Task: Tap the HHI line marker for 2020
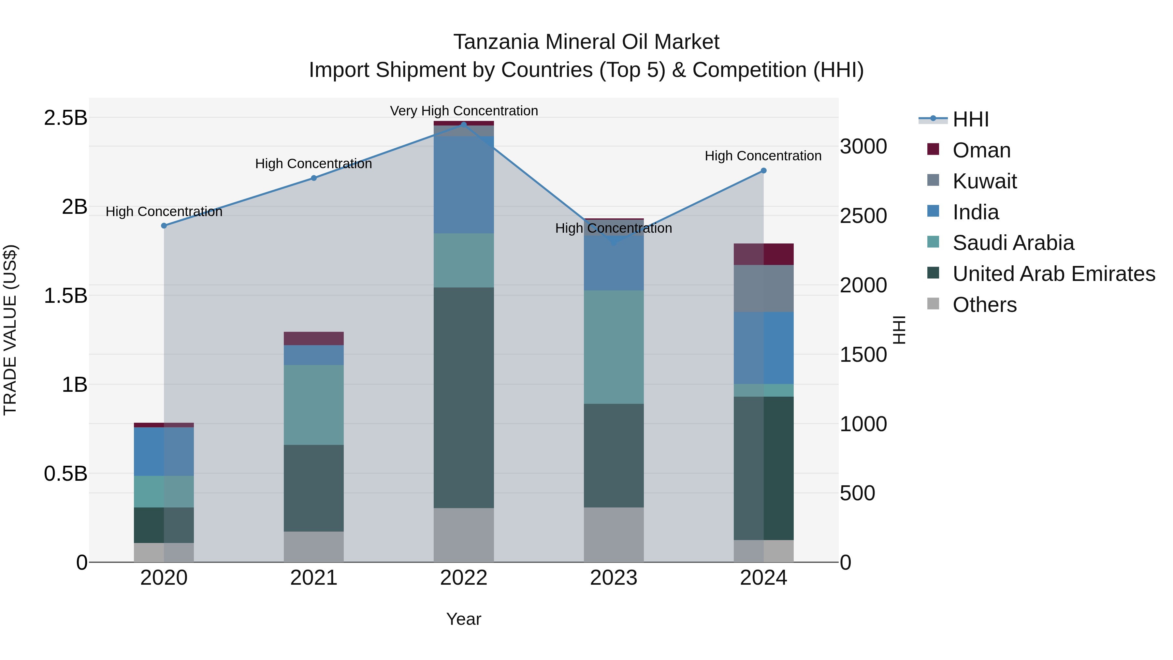[164, 226]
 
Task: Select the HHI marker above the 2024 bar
[764, 170]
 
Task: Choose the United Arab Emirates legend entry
[1053, 274]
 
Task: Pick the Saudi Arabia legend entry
[1013, 243]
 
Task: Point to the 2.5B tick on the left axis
[65, 118]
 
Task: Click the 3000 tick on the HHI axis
[863, 147]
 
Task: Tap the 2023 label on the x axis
[613, 578]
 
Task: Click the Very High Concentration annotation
[464, 111]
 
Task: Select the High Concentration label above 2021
[313, 164]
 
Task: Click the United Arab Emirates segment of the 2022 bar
[464, 396]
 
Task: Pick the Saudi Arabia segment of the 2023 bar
[613, 346]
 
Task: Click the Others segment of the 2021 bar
[313, 546]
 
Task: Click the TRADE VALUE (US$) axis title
[10, 330]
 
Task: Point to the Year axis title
[464, 619]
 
